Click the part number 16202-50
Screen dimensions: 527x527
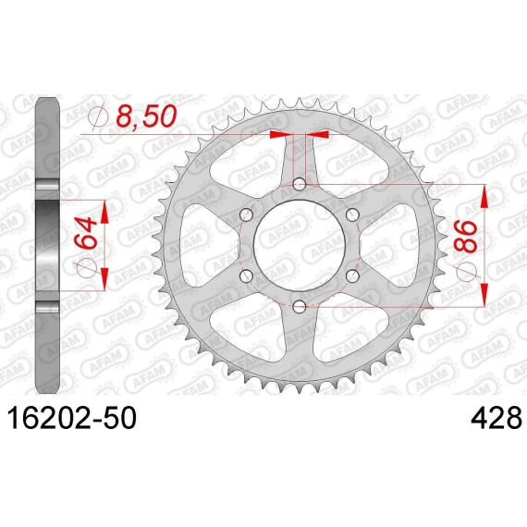point(72,417)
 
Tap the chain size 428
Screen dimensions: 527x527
point(496,417)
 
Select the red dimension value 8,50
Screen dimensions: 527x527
point(146,116)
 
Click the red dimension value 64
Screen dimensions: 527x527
point(85,233)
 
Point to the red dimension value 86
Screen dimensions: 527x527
point(466,237)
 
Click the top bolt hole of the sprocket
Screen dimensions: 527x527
point(300,184)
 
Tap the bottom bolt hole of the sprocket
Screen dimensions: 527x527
point(300,306)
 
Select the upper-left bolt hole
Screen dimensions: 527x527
point(246,214)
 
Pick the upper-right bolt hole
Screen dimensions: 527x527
point(352,214)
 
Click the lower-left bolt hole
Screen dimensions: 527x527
point(246,276)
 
